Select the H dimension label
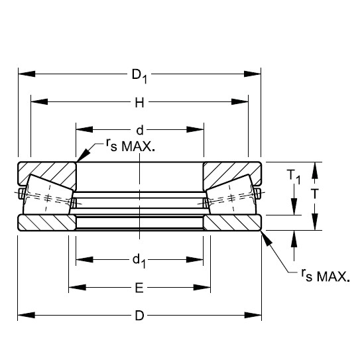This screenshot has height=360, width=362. coord(139,102)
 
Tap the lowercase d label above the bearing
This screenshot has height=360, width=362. coord(139,130)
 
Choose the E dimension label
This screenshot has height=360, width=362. coord(139,288)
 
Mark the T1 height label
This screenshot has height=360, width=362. coord(292,177)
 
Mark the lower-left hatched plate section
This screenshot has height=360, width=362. coord(46,222)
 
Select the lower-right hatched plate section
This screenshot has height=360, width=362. coord(232,222)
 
